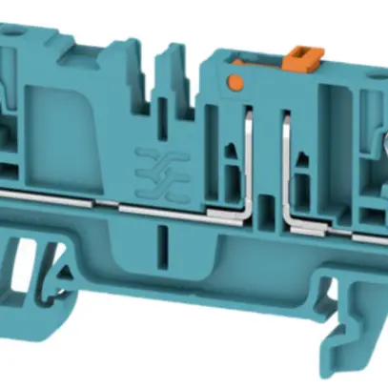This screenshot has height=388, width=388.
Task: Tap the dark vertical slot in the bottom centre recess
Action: coord(162,240)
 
